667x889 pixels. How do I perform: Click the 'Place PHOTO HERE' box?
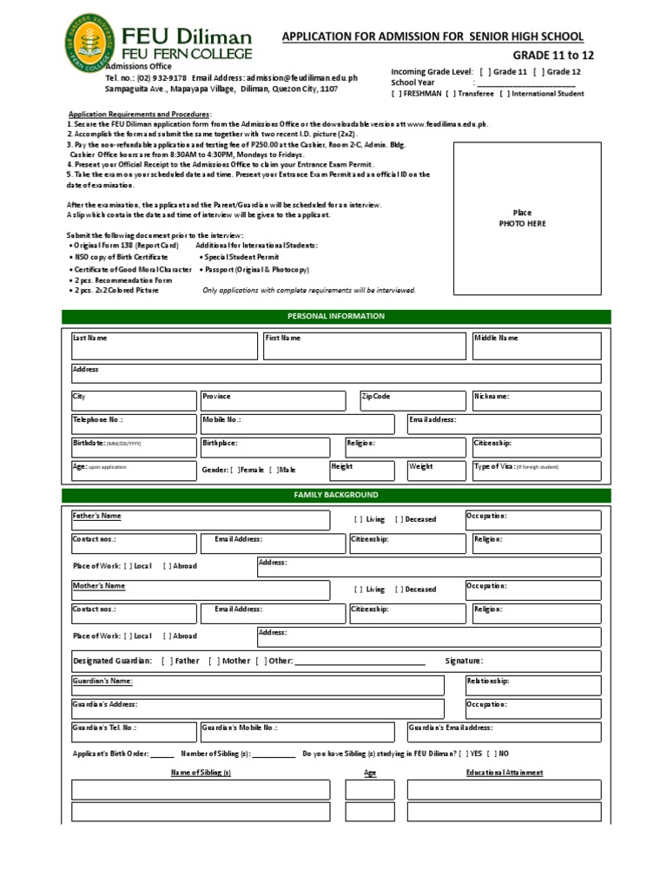click(x=522, y=218)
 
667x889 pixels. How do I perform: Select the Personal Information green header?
click(x=336, y=317)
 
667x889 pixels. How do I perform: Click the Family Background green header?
click(x=336, y=495)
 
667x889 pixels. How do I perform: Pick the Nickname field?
click(x=535, y=401)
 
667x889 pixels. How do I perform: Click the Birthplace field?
click(x=264, y=447)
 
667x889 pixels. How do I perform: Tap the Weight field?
click(x=436, y=471)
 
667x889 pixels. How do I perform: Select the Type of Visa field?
click(x=535, y=471)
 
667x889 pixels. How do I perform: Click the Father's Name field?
click(x=200, y=520)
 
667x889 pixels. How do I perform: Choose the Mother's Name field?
click(x=200, y=590)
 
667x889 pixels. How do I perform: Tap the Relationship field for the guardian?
click(x=532, y=685)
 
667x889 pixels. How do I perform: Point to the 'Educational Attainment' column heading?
click(x=505, y=772)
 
